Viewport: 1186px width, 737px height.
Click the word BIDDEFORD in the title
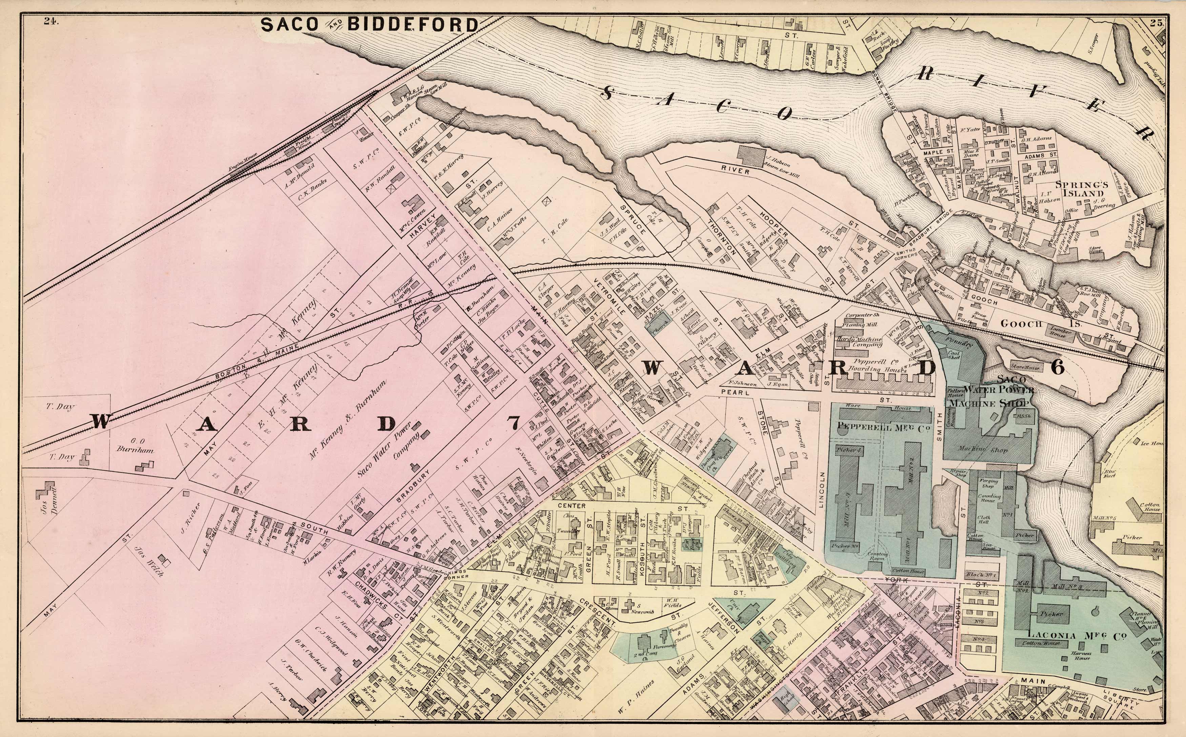click(x=412, y=24)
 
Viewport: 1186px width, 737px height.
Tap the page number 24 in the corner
click(x=50, y=20)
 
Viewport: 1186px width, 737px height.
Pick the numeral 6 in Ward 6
click(x=1057, y=367)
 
